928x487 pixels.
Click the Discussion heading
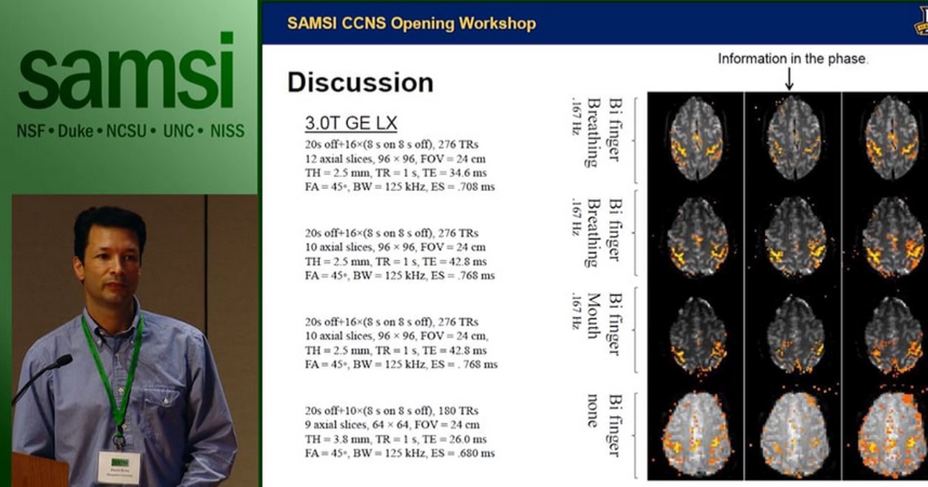(x=360, y=82)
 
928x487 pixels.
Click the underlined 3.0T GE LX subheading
(x=350, y=123)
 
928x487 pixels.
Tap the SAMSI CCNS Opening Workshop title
(x=411, y=23)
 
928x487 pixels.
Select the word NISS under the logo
(x=227, y=132)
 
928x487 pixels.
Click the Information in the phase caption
(x=792, y=58)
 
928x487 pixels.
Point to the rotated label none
(x=593, y=411)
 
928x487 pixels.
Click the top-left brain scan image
(x=695, y=137)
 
